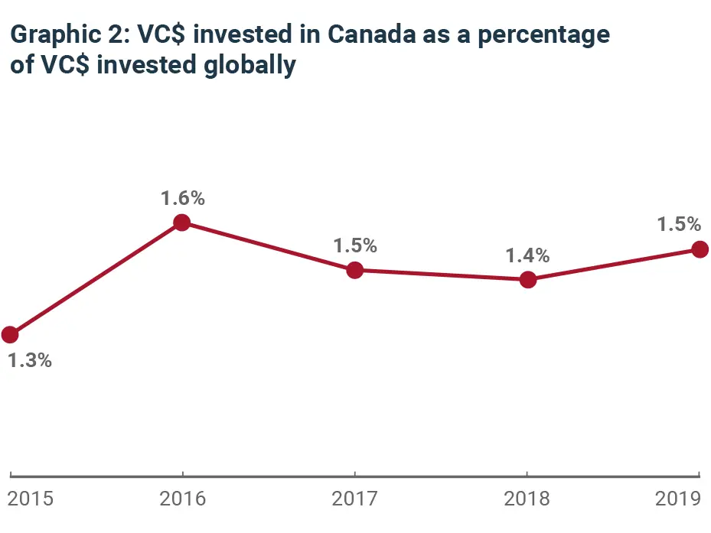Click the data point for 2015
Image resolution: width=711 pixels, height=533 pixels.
tap(10, 334)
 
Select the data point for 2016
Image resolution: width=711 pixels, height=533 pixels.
tap(182, 223)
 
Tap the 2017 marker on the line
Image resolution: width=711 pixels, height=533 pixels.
tap(354, 270)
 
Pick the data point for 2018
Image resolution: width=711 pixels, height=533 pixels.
tap(527, 280)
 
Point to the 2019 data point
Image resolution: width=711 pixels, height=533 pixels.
tap(700, 249)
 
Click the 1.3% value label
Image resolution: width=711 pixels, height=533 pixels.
tap(30, 361)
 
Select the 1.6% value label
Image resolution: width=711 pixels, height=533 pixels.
tap(182, 198)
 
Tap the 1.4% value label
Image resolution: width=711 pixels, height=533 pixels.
tap(527, 255)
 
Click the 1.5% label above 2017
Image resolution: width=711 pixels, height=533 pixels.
tap(354, 246)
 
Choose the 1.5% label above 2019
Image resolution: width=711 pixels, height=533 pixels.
tap(679, 225)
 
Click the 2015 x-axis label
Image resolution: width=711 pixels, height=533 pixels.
tap(30, 499)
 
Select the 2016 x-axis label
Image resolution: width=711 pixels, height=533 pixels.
tap(182, 499)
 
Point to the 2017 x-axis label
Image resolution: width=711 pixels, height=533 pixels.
tap(354, 499)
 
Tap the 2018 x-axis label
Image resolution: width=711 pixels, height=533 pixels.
tap(527, 499)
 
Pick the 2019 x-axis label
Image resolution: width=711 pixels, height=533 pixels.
tap(679, 499)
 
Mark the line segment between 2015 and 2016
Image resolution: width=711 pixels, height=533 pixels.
tap(96, 278)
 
